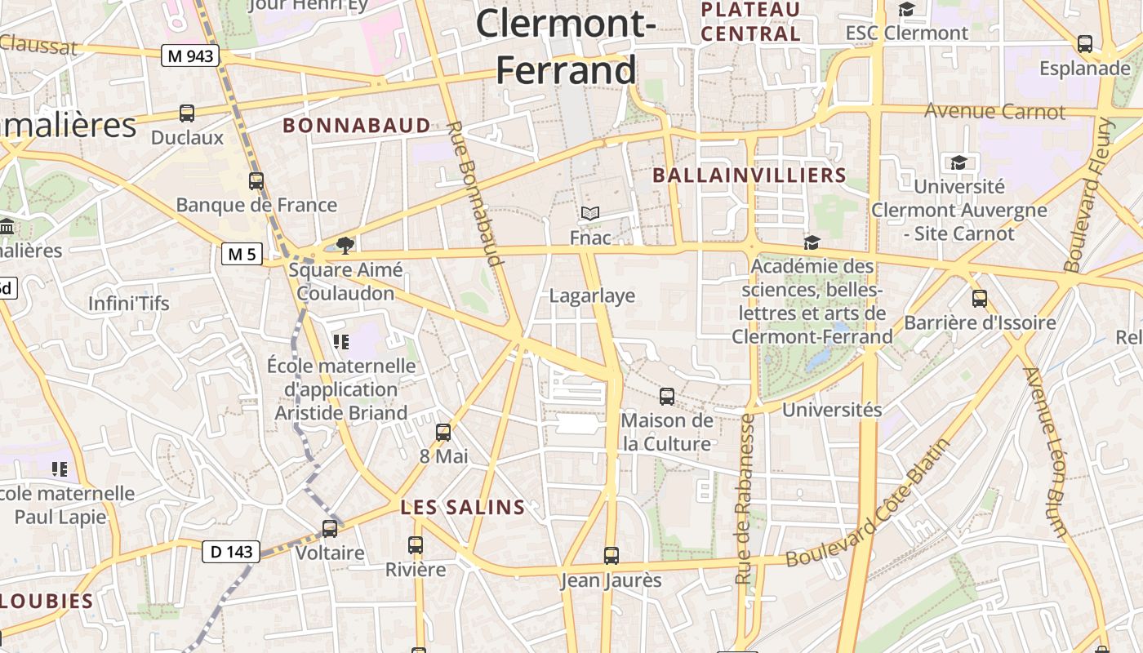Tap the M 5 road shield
242,254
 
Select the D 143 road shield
231,552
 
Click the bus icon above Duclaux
187,113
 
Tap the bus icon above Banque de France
256,181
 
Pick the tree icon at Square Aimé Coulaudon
345,244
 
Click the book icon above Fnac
590,214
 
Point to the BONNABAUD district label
357,126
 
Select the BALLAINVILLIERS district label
749,175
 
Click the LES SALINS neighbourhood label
463,508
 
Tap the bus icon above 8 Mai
443,432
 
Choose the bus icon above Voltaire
330,529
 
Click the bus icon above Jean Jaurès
612,556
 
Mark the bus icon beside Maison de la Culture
667,397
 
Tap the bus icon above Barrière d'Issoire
980,299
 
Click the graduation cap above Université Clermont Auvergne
958,162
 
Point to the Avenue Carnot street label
994,112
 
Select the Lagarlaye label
592,295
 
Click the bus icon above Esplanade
1085,44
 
